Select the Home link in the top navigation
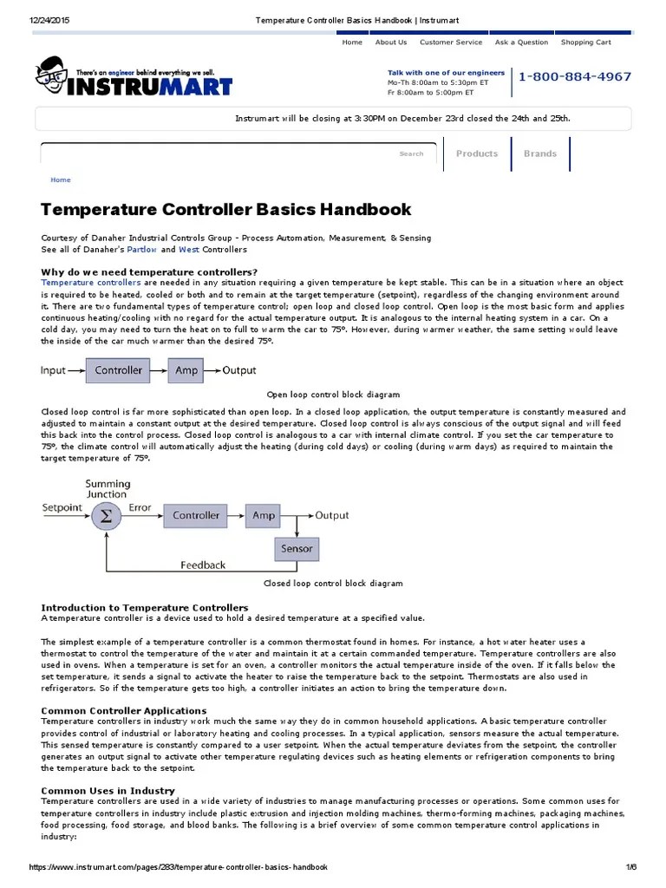352,42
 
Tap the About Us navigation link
390,42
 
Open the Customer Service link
451,42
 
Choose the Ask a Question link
521,42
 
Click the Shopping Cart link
585,42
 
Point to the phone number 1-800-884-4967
575,76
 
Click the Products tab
477,153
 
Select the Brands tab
540,153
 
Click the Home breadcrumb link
61,180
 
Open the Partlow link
141,250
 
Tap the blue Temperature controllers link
90,283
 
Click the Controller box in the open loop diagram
119,370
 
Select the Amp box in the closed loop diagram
263,515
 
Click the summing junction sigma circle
106,516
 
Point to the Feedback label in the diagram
203,565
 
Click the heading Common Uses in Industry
108,790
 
